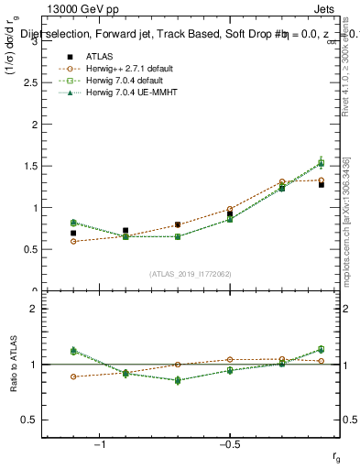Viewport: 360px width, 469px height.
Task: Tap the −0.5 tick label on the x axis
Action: (x=229, y=445)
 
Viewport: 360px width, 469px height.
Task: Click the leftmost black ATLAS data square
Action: (x=73, y=234)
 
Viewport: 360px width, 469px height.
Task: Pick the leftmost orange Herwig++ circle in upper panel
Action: (x=73, y=241)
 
